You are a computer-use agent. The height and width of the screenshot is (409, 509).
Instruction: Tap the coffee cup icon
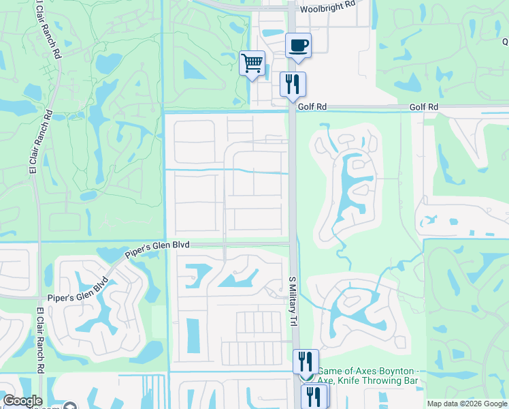pos(298,46)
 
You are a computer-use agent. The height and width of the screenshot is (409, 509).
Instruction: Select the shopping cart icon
pos(252,63)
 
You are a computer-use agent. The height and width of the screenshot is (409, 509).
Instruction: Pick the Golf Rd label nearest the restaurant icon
pos(312,107)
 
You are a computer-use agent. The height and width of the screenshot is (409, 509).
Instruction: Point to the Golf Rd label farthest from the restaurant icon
pos(424,108)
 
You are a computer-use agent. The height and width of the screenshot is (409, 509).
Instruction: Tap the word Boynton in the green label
pos(389,369)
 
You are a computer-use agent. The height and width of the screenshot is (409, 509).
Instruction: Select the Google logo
pos(22,401)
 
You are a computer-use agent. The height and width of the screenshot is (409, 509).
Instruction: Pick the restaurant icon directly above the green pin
pos(306,361)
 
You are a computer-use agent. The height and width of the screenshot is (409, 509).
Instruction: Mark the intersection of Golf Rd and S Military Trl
pos(293,108)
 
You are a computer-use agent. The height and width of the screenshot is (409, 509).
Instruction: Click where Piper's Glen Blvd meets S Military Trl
pos(293,243)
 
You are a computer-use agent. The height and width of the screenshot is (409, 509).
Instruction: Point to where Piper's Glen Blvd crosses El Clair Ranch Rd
pos(39,298)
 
